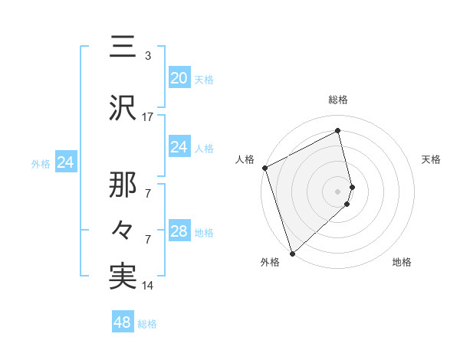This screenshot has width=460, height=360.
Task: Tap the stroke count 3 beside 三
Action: point(148,55)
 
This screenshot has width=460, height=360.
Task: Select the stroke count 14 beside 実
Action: point(148,286)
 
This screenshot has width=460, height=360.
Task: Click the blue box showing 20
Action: point(179,77)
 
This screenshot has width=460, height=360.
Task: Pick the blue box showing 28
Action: point(179,231)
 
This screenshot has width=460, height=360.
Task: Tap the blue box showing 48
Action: point(123,322)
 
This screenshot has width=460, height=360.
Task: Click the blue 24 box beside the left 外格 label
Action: point(65,162)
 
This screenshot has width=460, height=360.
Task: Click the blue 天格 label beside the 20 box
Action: point(204,79)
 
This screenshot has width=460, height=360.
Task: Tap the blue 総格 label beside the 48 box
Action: point(147,324)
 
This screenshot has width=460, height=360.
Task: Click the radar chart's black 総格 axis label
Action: point(338,100)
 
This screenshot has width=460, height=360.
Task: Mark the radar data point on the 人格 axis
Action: point(264,168)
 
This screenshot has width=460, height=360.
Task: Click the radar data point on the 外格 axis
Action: point(291,253)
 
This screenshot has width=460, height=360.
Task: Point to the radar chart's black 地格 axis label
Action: point(402,263)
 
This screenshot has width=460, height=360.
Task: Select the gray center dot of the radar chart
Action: point(338,191)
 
